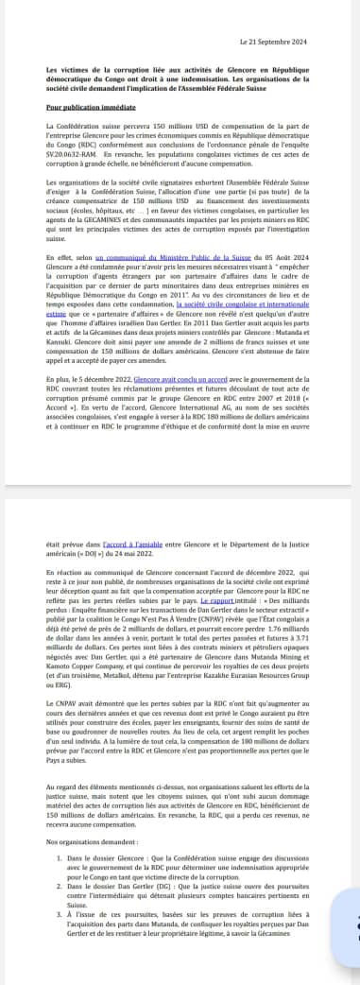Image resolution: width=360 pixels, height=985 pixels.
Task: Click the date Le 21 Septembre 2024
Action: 275,42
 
